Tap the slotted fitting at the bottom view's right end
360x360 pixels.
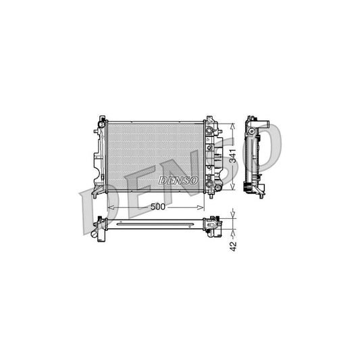[x=216, y=226]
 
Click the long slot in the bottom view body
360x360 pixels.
[x=155, y=222]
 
